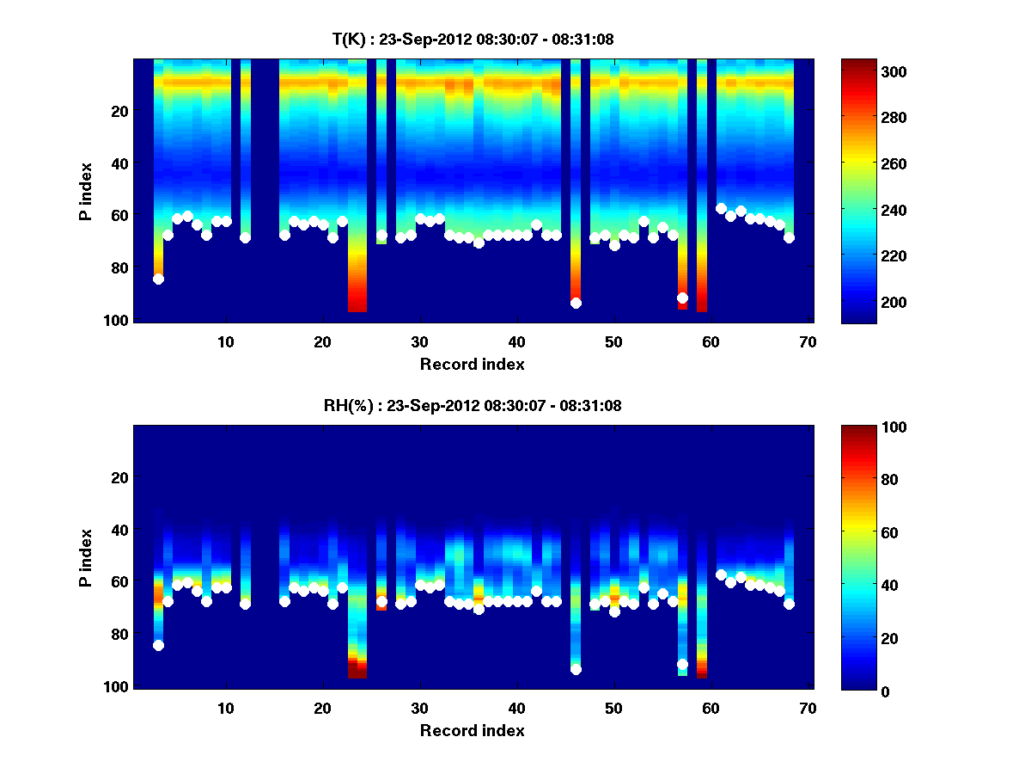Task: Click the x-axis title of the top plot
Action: (473, 364)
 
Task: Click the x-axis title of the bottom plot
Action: (473, 730)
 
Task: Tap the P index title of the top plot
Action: (86, 191)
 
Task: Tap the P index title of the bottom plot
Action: (86, 557)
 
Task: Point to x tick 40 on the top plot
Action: (516, 341)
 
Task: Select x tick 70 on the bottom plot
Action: (808, 708)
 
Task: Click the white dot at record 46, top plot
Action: (576, 303)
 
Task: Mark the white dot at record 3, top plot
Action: (158, 279)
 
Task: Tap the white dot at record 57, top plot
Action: (682, 298)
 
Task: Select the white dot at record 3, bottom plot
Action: (158, 645)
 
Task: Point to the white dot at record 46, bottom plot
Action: (576, 669)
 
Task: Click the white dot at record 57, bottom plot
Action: (682, 664)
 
